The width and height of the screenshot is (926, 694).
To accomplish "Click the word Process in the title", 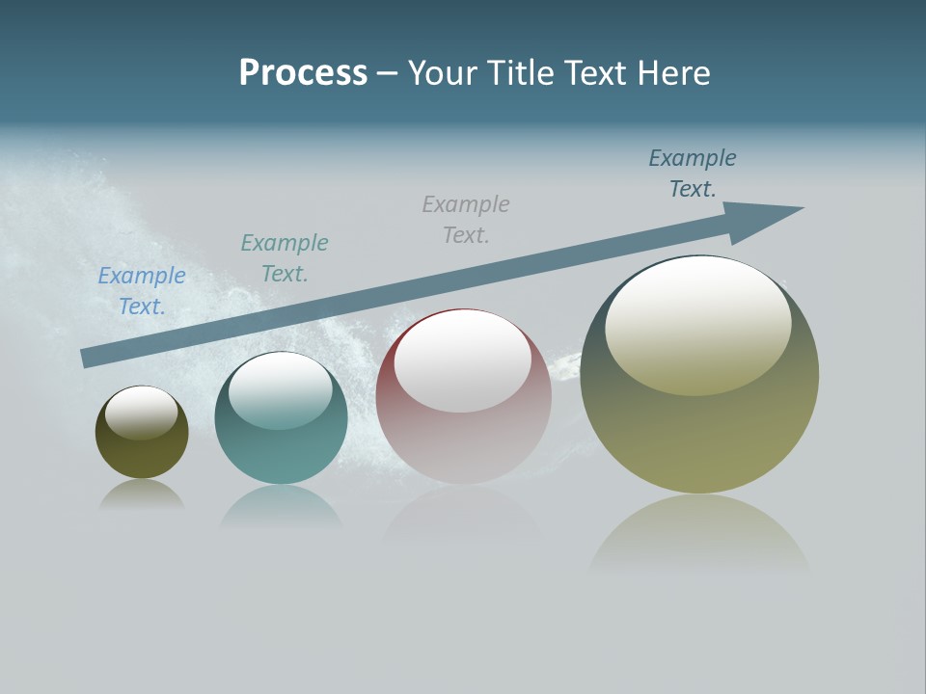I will [303, 73].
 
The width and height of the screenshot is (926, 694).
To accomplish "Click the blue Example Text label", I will [142, 290].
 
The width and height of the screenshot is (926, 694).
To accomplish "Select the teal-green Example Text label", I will [285, 257].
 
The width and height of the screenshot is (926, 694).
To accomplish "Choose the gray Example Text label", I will [466, 219].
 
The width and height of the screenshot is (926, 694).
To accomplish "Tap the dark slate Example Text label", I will [693, 173].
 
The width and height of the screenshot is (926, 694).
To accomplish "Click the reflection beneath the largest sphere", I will [699, 535].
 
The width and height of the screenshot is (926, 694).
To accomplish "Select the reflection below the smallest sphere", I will [142, 494].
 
